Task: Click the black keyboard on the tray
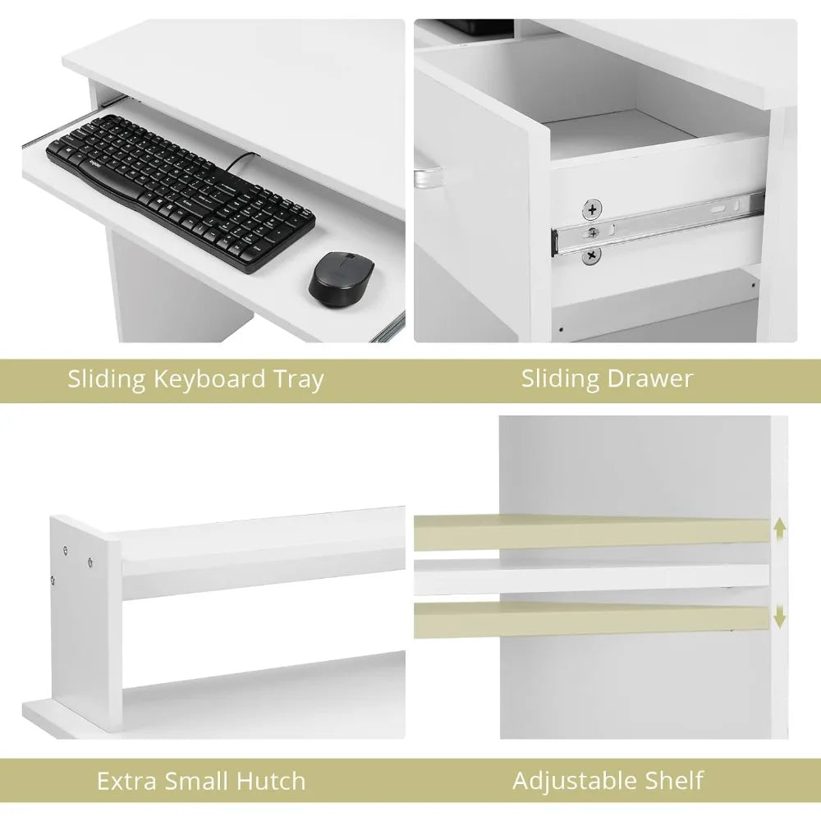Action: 181,193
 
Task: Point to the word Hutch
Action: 271,782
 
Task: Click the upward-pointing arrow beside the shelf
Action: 780,529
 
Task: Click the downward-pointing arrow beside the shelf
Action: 780,616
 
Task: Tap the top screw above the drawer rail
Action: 592,210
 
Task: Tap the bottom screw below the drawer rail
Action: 592,255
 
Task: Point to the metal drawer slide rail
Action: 657,223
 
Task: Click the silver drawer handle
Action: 427,177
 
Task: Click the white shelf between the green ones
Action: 592,576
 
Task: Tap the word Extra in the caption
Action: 126,782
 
